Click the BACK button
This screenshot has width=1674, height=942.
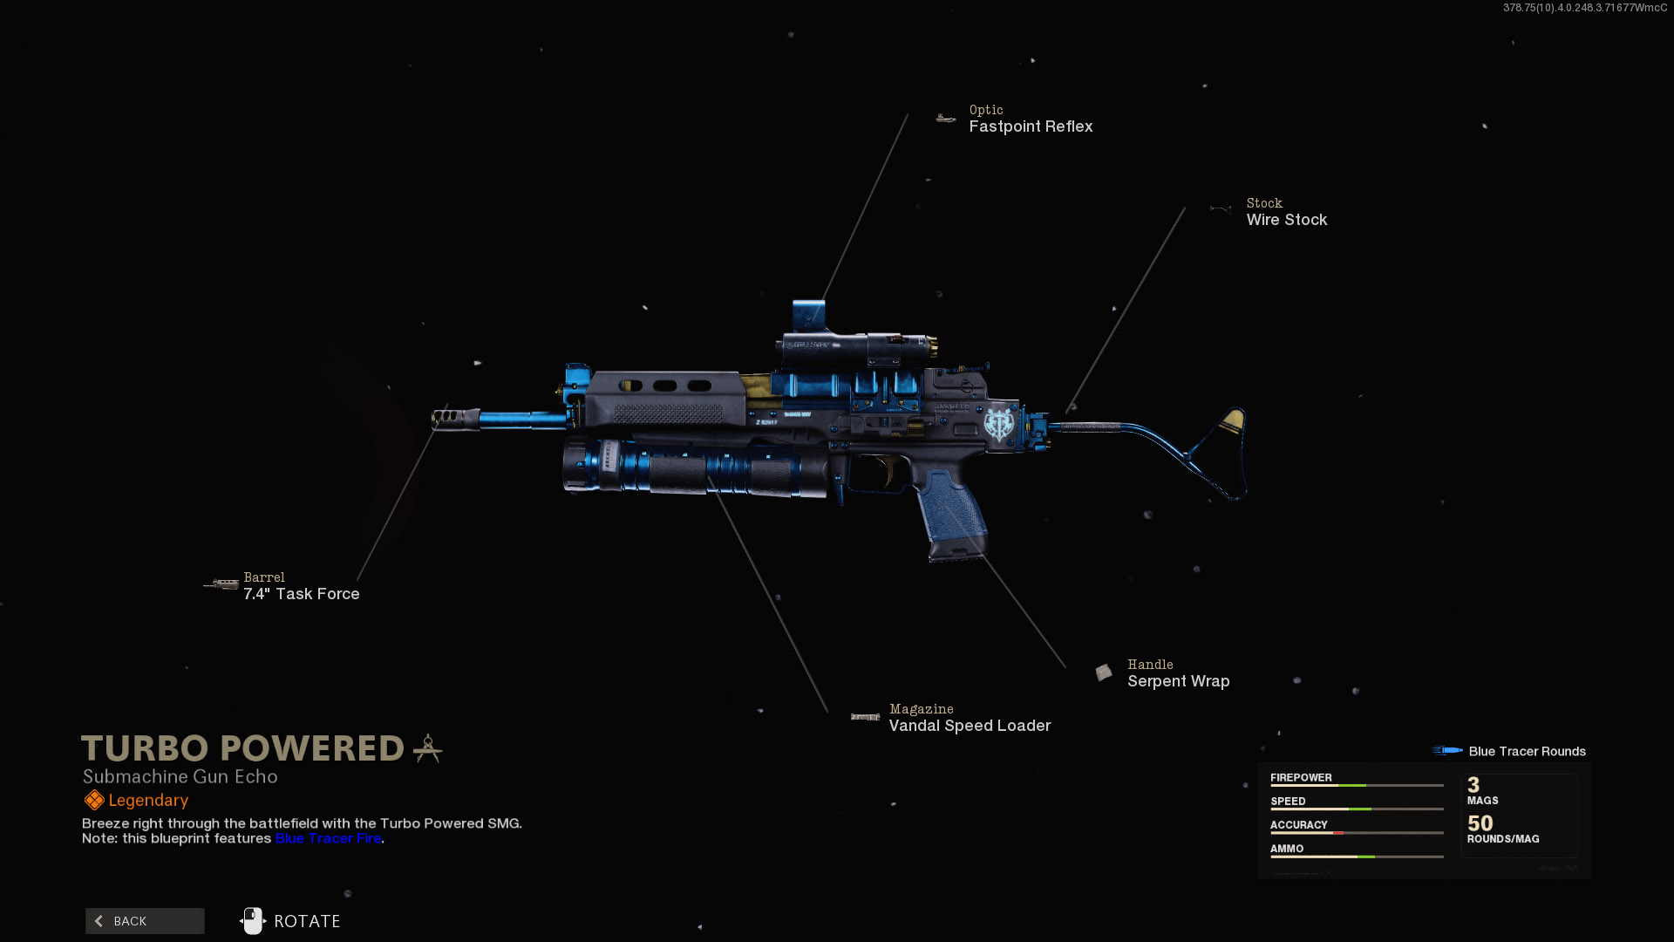(145, 921)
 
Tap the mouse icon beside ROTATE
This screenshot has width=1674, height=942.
(252, 921)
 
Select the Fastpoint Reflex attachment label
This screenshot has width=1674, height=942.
(1031, 126)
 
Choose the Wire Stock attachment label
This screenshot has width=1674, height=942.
(1286, 220)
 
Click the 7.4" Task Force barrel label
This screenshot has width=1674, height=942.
(301, 594)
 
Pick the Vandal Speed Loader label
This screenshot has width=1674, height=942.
(970, 726)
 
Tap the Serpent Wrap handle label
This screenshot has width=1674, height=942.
(1178, 681)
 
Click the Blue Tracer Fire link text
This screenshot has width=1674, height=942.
(328, 838)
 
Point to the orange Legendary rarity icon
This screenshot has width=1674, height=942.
(94, 800)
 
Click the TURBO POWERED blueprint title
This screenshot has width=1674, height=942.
(243, 748)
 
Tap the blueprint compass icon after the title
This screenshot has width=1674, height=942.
(427, 748)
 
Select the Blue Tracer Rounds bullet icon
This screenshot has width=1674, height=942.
(1447, 751)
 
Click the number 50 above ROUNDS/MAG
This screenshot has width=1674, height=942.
(1480, 823)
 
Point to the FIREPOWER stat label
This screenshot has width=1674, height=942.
(1301, 777)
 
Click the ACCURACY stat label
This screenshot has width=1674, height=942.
(1298, 824)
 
